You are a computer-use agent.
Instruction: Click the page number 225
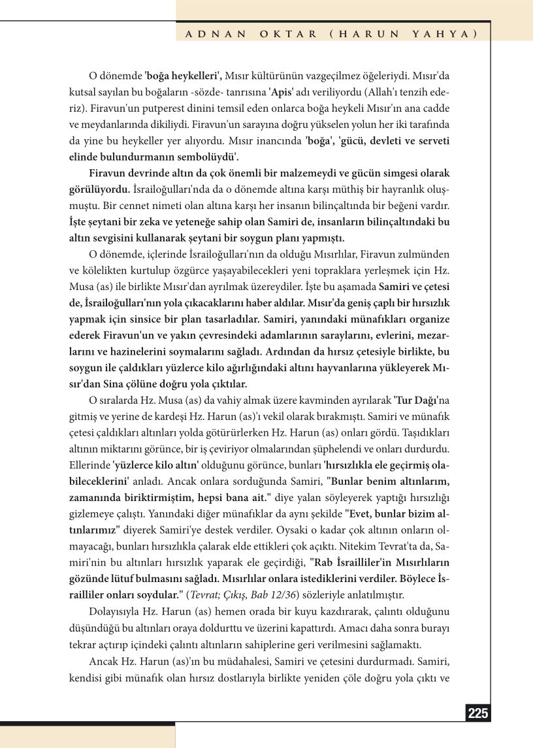478,713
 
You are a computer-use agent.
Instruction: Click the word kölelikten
103,268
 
